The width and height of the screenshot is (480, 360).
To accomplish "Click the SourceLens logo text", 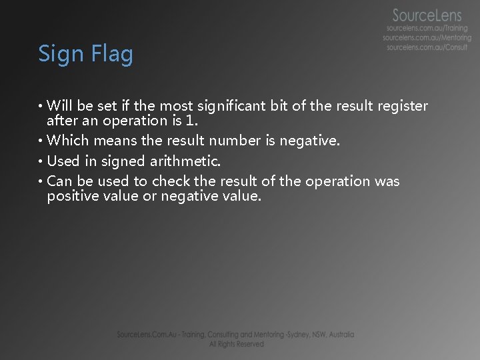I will (x=431, y=15).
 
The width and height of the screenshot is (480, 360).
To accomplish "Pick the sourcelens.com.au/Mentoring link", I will (x=427, y=38).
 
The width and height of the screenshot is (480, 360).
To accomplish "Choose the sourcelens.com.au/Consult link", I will (x=427, y=47).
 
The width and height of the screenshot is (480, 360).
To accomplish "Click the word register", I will (x=402, y=106).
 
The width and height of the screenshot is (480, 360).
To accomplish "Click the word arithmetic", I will (x=187, y=161).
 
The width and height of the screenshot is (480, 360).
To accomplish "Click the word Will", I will (x=61, y=106).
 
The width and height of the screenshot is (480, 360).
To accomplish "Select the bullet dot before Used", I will (x=41, y=161).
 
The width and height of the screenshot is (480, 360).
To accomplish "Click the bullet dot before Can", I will (x=41, y=181).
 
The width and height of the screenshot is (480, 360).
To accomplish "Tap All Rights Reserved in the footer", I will (x=236, y=344).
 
